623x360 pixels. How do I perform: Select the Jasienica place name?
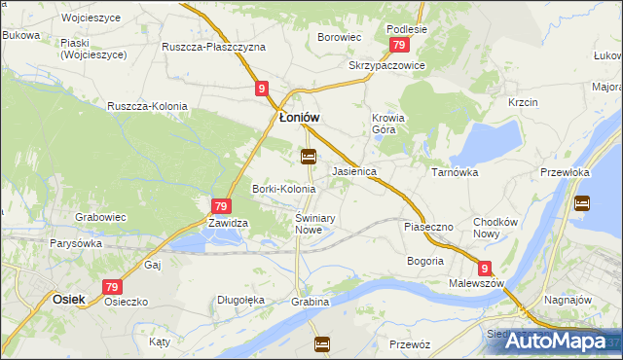354,170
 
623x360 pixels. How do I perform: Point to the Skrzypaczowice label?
386,65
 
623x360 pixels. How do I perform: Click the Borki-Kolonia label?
284,188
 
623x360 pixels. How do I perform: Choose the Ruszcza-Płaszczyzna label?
214,47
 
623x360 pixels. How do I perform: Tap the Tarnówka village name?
454,170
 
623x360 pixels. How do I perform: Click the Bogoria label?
425,261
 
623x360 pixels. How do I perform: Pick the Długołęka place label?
241,301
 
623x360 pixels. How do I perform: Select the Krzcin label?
523,102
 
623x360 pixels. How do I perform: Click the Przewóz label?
410,344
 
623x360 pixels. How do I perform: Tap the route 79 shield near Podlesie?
397,47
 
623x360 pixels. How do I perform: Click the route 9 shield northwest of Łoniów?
263,89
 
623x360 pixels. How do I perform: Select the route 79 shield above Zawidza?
221,205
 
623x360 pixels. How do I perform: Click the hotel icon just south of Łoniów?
309,156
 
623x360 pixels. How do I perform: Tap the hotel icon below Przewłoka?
582,203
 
